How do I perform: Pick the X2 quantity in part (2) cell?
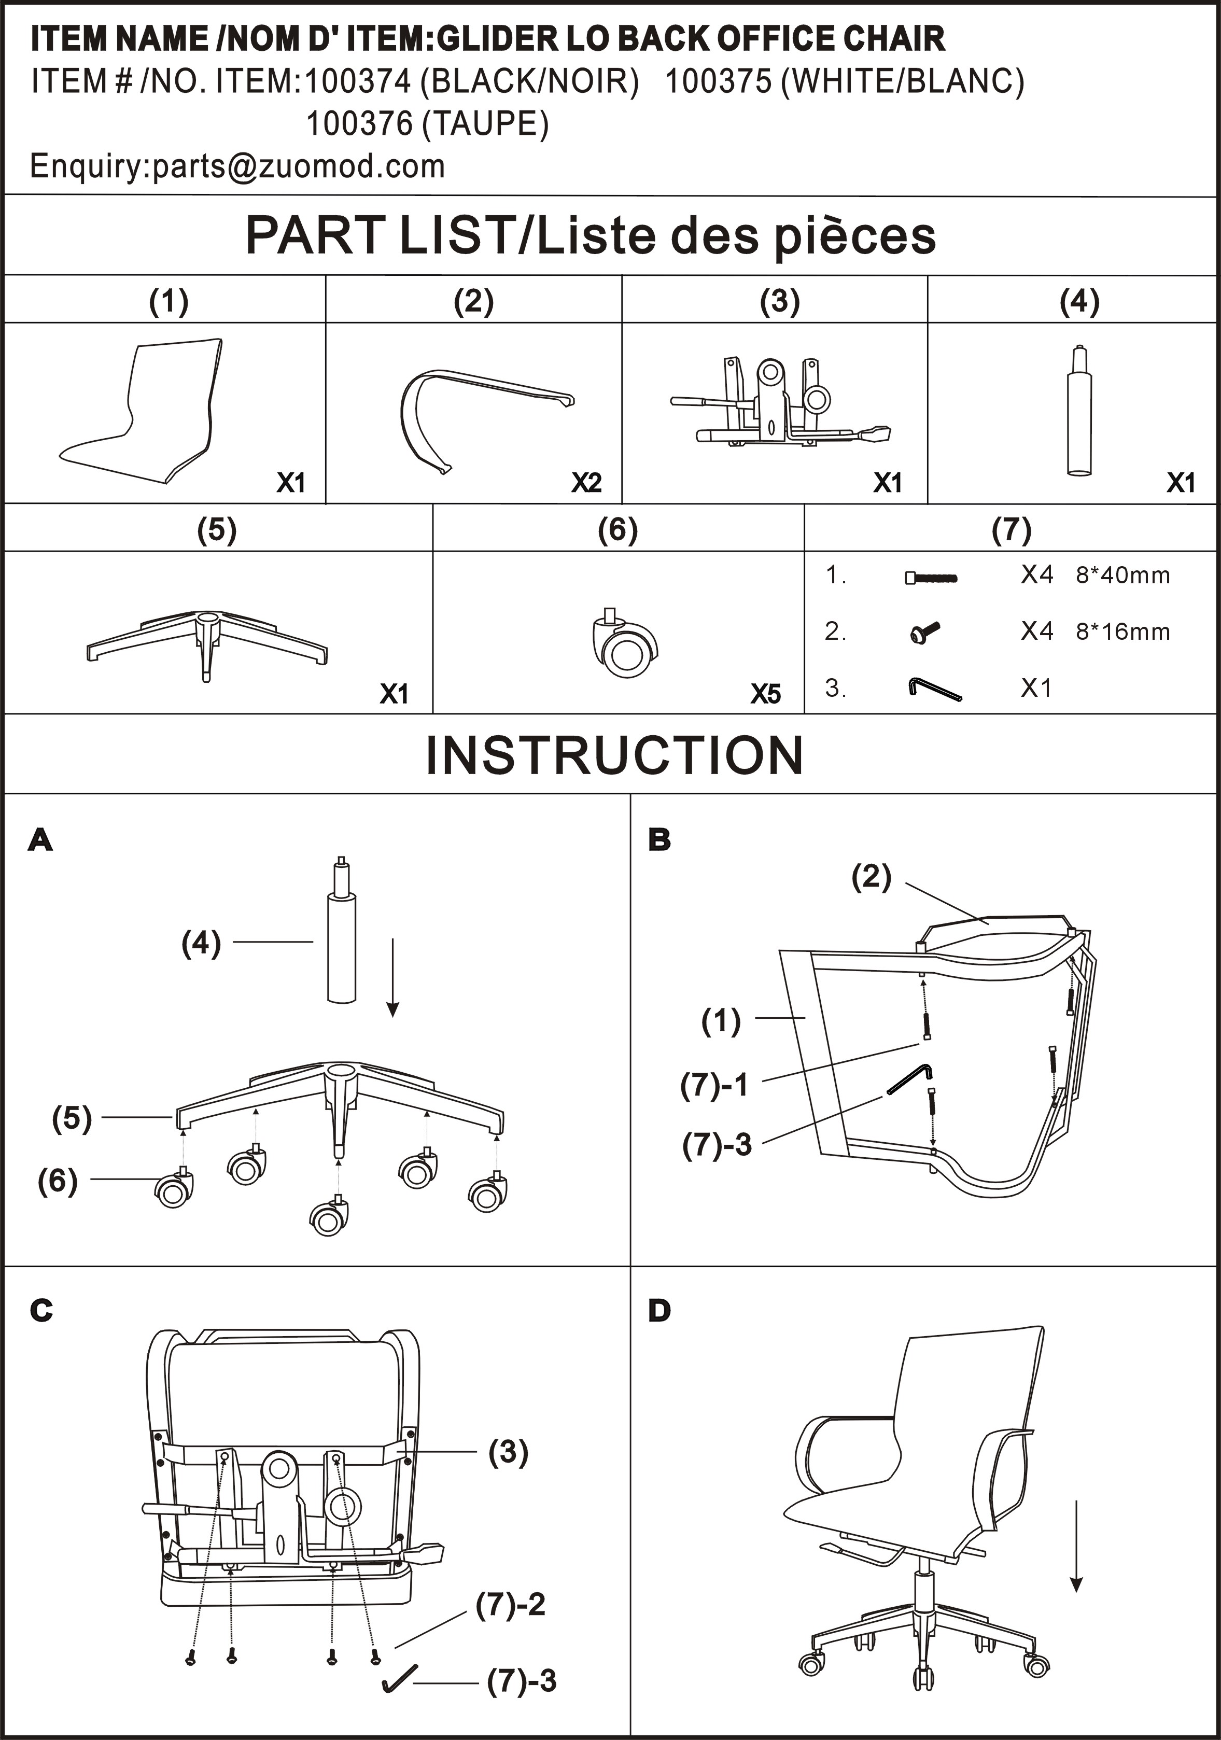(x=586, y=482)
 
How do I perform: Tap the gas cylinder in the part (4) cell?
(x=1079, y=413)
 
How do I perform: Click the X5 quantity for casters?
(x=765, y=693)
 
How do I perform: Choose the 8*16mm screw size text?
(x=1122, y=632)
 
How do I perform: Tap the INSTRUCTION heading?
(x=614, y=755)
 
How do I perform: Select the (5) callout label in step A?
(x=72, y=1117)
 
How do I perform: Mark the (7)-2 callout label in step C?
(x=510, y=1604)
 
